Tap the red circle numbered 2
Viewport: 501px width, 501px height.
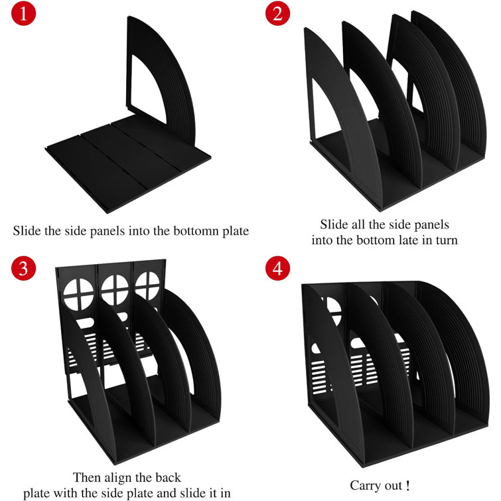[x=277, y=15]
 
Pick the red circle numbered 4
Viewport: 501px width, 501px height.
[x=277, y=269]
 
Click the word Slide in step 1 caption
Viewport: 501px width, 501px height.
[x=26, y=232]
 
